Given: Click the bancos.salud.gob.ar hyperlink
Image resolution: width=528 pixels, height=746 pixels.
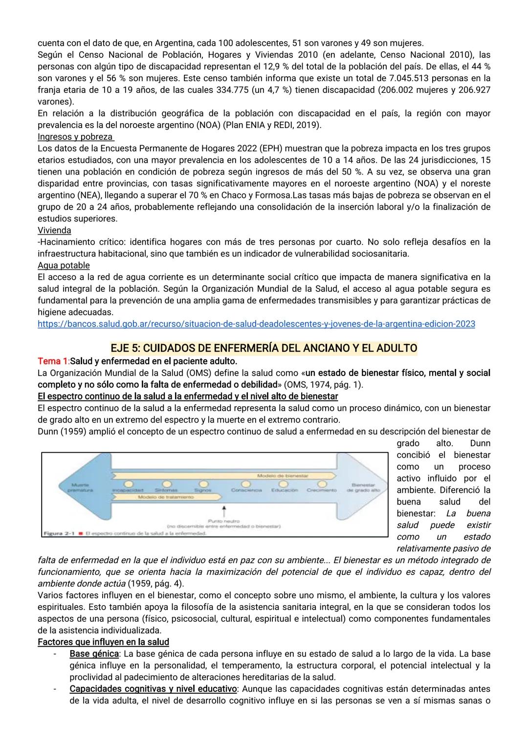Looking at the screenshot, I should [x=256, y=324].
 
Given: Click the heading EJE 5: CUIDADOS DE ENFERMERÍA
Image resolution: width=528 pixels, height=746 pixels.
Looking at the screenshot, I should [x=264, y=348].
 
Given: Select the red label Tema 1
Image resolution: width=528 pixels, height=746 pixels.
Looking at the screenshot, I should [x=53, y=361].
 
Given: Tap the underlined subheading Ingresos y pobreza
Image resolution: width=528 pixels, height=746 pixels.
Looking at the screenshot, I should [x=75, y=136].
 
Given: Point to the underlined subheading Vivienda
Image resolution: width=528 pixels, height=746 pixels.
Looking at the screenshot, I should [x=54, y=230].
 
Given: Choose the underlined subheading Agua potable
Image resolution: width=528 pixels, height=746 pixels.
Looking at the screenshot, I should [x=64, y=265].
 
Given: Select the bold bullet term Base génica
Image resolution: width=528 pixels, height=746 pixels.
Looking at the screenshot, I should [x=94, y=654].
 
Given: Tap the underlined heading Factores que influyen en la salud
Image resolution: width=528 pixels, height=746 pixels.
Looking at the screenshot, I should [x=103, y=642].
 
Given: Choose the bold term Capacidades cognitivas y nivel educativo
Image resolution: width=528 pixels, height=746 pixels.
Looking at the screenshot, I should [x=153, y=689].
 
